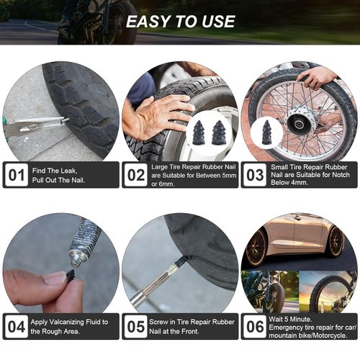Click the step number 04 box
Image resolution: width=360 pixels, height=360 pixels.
pos(16,326)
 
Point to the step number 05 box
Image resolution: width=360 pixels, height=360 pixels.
pos(135,326)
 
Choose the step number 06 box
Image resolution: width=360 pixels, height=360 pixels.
pos(254,326)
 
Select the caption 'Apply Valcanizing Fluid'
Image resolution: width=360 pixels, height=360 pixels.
pos(71,321)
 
